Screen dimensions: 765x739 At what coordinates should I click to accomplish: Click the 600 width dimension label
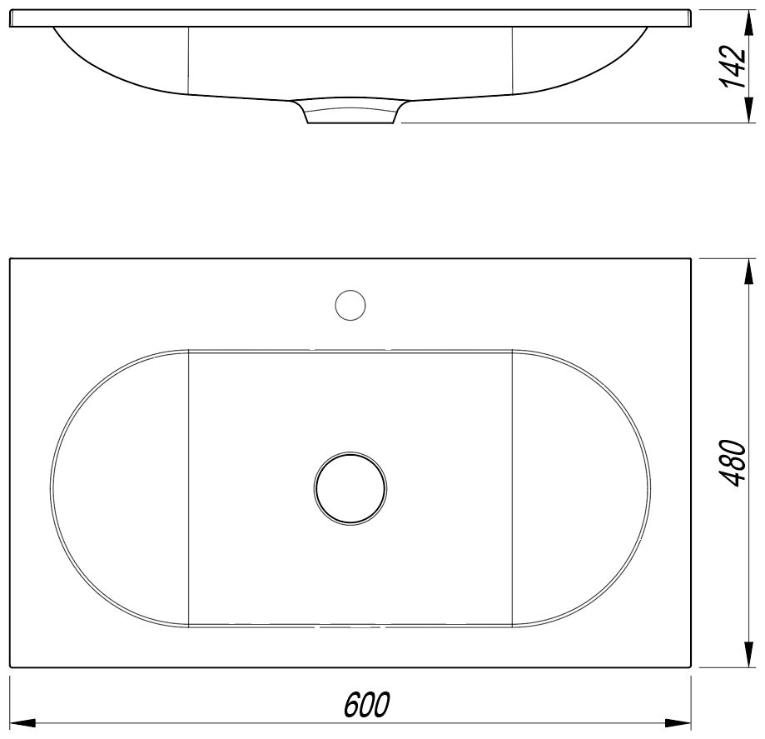[366, 704]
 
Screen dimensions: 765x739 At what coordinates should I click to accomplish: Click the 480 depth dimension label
[733, 463]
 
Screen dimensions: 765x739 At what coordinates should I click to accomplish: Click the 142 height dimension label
[733, 67]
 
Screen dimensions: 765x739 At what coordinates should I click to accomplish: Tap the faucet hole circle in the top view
[350, 305]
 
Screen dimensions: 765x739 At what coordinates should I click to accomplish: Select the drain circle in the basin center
[350, 488]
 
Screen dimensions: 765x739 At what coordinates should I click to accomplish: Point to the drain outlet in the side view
[350, 112]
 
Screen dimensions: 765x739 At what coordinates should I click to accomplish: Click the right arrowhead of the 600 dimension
[678, 723]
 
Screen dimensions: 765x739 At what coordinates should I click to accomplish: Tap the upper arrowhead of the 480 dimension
[747, 272]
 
